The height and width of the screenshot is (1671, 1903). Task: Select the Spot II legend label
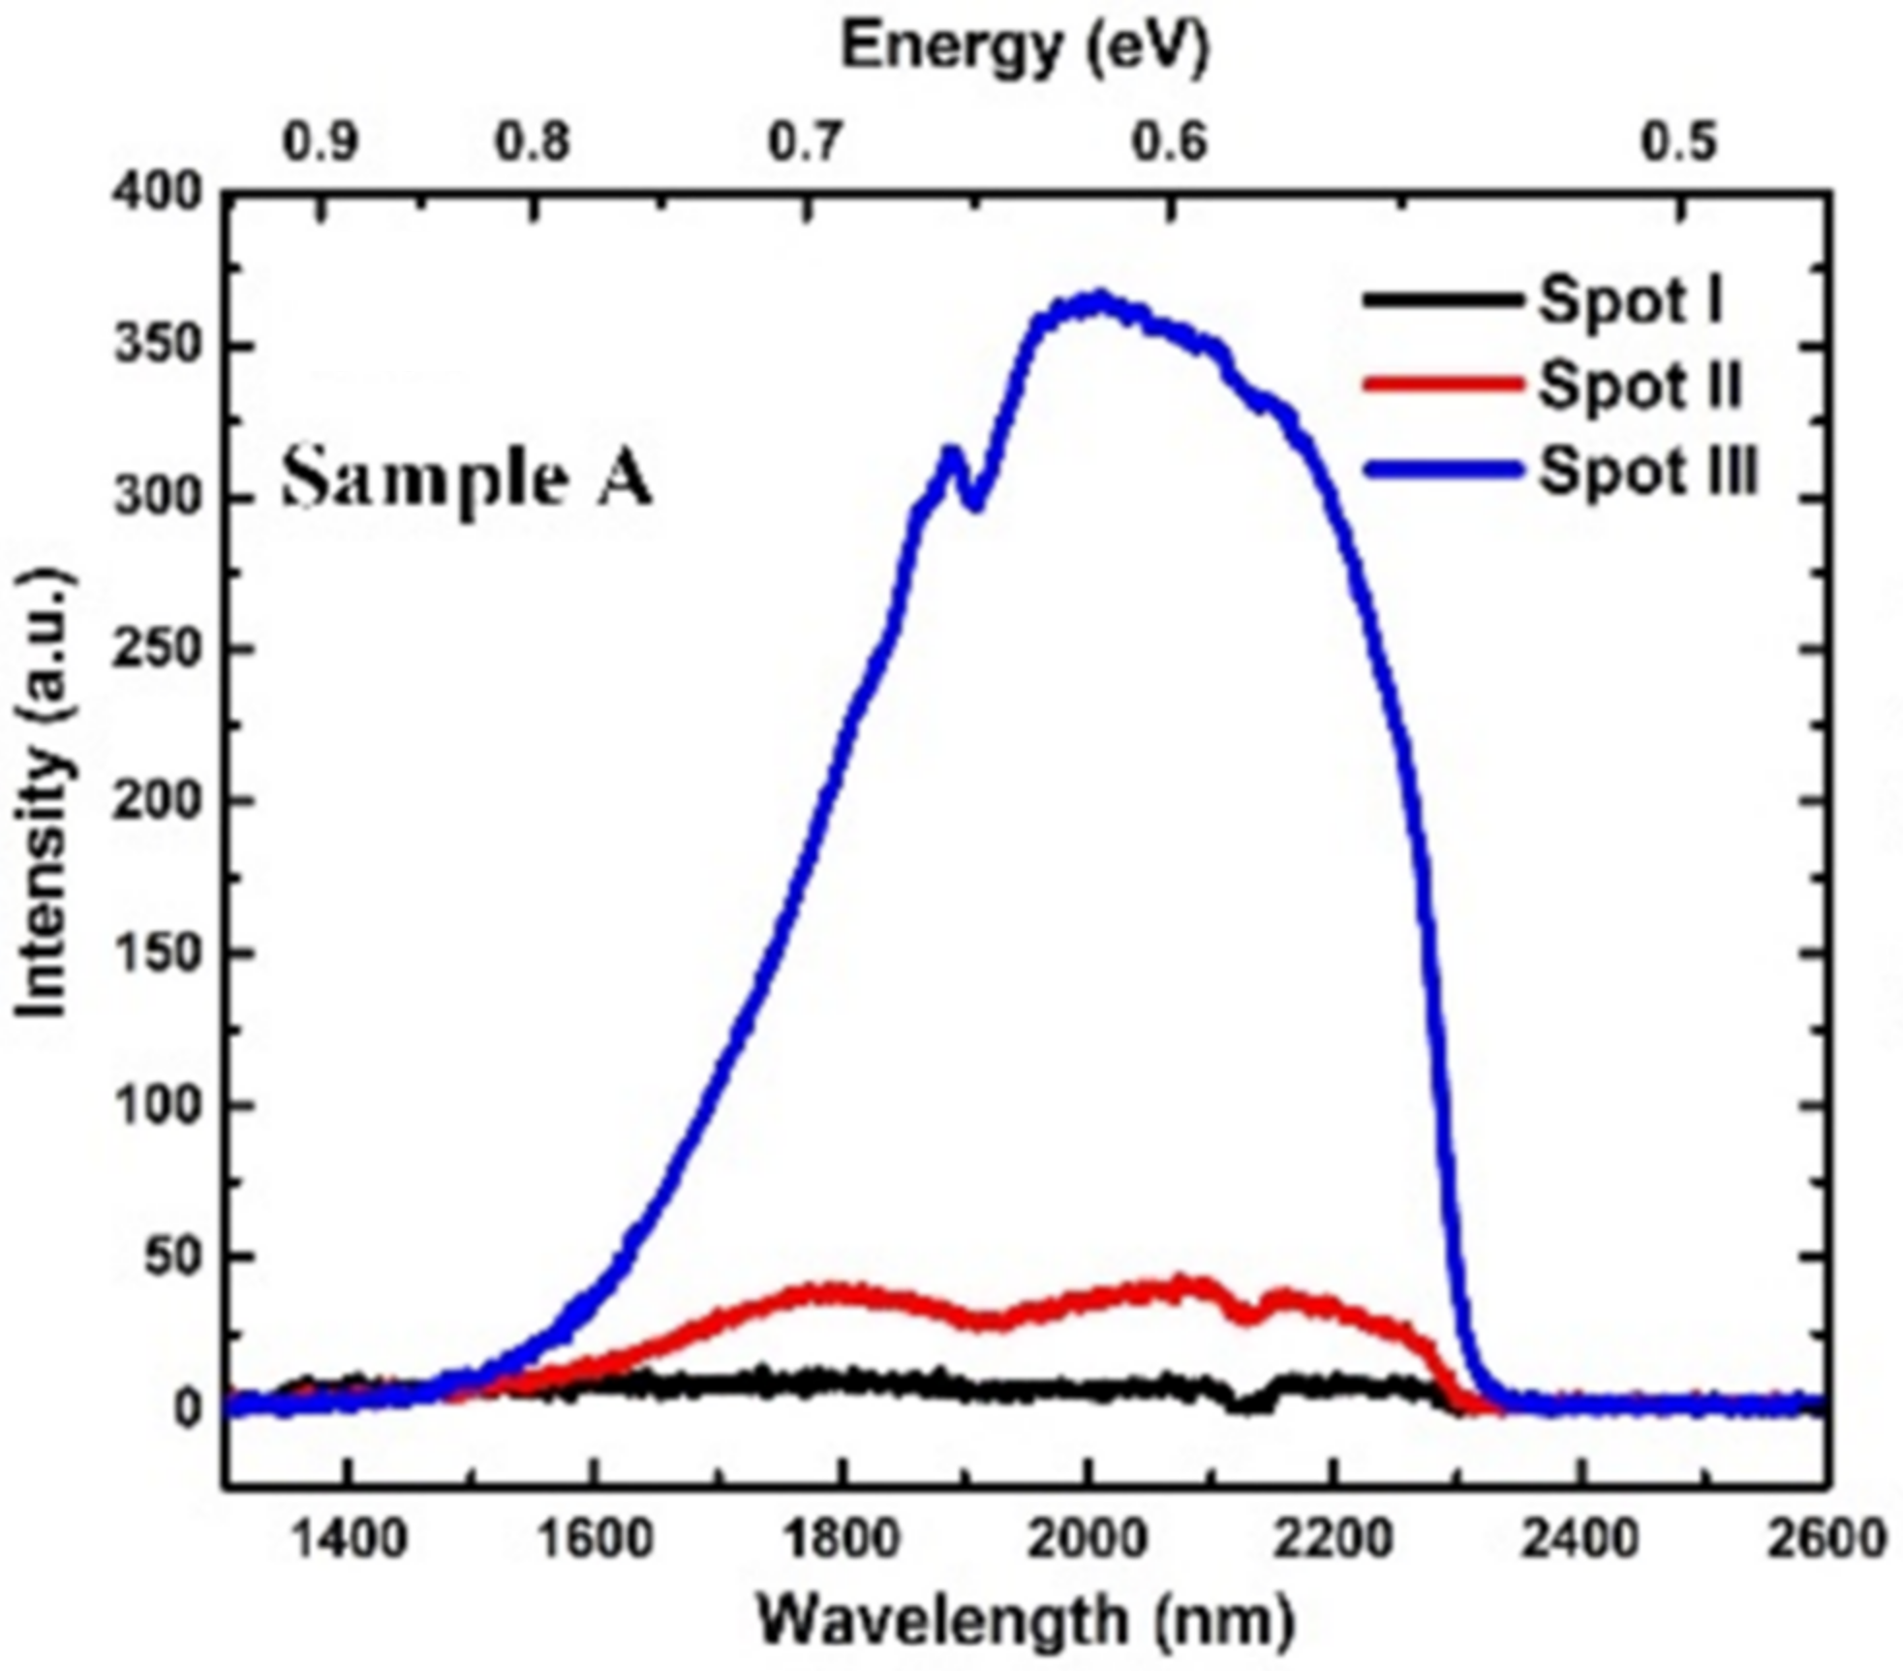(x=1640, y=385)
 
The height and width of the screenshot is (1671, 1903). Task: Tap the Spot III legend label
(x=1647, y=472)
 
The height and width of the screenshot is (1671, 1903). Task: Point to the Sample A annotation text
(x=467, y=480)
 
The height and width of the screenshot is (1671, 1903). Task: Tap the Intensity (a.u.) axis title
(x=44, y=794)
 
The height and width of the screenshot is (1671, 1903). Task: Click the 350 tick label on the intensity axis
(x=160, y=346)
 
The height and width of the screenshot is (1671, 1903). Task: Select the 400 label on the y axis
(x=160, y=194)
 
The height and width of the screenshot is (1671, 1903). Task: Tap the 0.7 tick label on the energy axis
(x=807, y=142)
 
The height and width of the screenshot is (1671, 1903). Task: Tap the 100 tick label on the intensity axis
(x=160, y=1104)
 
